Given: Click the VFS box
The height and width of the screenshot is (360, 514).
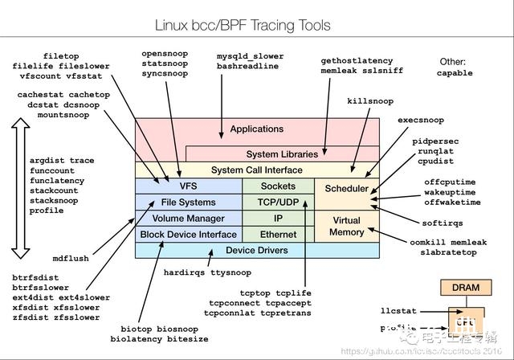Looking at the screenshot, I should click(188, 186).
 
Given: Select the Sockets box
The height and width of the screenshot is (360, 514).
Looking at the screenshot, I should click(278, 186).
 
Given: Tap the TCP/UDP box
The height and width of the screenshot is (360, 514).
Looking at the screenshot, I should click(278, 202).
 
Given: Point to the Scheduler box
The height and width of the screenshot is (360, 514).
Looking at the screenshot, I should click(346, 190).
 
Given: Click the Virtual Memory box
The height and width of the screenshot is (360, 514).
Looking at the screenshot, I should click(346, 226).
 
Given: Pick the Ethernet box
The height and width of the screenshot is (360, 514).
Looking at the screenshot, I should click(278, 235).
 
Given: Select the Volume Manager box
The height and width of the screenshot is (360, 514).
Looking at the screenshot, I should click(188, 219).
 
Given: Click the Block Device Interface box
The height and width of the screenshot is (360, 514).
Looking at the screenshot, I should click(188, 235).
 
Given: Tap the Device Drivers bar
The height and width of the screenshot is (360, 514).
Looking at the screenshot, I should click(257, 251).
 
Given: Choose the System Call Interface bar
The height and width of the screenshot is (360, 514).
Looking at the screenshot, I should click(257, 170).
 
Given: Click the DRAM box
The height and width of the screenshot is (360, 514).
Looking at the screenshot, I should click(465, 288).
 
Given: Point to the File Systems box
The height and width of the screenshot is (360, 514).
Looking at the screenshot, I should click(188, 202).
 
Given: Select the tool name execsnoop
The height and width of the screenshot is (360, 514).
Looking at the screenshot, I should click(421, 121).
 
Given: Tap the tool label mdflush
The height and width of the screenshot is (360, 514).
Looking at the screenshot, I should click(71, 260).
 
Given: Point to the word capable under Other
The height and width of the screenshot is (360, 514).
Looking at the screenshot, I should click(455, 73).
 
